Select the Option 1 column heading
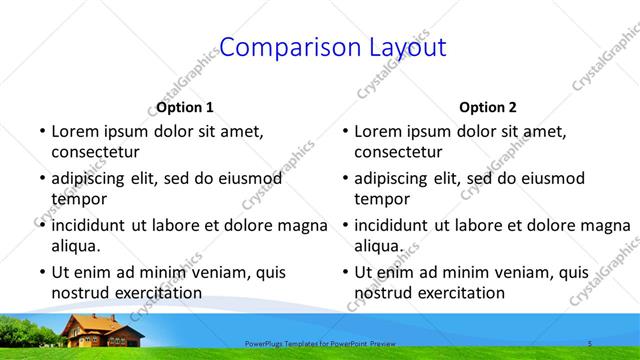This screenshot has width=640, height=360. (x=185, y=107)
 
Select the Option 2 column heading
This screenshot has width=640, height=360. (x=488, y=107)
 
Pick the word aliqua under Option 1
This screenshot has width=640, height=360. (x=76, y=246)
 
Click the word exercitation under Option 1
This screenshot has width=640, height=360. (x=157, y=293)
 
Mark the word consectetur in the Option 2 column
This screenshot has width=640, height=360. (x=398, y=152)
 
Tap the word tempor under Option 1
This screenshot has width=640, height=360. (x=78, y=199)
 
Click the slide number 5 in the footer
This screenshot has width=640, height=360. (x=590, y=344)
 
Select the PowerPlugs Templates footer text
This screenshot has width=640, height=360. (x=320, y=344)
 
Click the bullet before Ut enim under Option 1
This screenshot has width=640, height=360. (x=41, y=272)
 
